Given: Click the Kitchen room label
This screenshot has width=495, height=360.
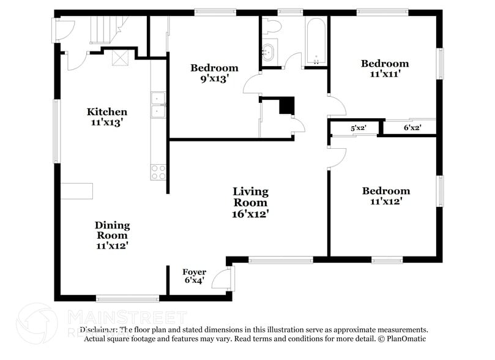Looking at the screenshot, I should coord(107,116).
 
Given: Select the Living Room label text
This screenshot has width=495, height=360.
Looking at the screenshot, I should coord(250,203).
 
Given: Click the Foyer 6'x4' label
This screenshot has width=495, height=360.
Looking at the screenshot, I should coord(194,276).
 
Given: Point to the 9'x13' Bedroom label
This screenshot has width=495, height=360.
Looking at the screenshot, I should coord(214,73).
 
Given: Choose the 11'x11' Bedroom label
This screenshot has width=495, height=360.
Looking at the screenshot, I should coord(384,69).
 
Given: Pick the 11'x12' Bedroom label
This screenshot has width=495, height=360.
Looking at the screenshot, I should coord(385,195).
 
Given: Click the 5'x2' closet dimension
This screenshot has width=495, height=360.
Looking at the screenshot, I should coord(357,129).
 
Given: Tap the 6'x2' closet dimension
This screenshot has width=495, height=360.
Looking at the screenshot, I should coord(412,129).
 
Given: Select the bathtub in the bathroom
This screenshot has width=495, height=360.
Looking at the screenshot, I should coord(316,42).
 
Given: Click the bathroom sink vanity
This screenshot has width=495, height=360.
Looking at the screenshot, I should coord(269,51).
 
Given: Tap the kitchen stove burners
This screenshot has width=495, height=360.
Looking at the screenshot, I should coord(158,172).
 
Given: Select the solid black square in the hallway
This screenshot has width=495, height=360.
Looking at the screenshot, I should coord(286,105).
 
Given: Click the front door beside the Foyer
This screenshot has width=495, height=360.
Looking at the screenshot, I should coord(229,279).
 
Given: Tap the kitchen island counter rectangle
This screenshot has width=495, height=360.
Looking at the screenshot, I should coord(76,190).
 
